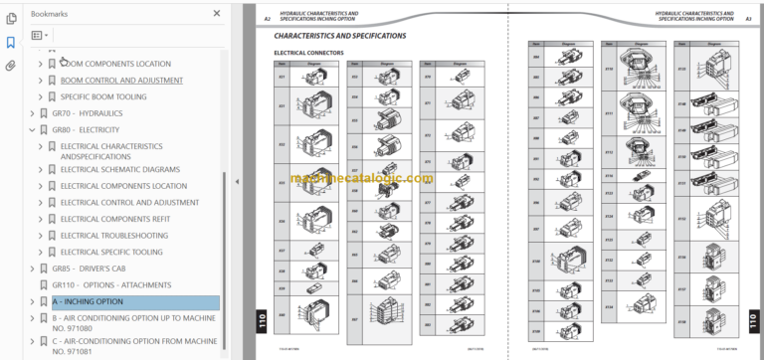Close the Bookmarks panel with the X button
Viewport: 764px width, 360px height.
pyautogui.click(x=218, y=14)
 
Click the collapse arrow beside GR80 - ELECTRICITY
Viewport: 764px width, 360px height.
pyautogui.click(x=31, y=129)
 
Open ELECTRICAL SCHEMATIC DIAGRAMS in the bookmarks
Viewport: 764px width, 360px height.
pyautogui.click(x=119, y=169)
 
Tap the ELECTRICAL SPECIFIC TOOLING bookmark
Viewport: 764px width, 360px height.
pyautogui.click(x=111, y=252)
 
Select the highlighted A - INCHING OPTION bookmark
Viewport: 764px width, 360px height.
pyautogui.click(x=89, y=301)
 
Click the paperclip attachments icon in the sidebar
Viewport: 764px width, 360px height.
pyautogui.click(x=11, y=66)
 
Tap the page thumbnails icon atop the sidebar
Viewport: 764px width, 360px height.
pyautogui.click(x=11, y=17)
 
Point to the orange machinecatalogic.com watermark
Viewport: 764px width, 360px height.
pyautogui.click(x=362, y=179)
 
